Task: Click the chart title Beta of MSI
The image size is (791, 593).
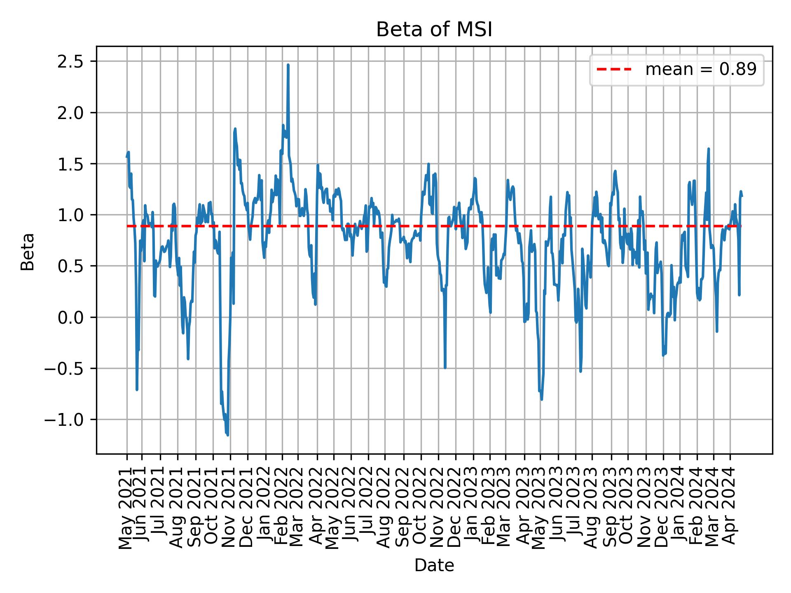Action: click(434, 30)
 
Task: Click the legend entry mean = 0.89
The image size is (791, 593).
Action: click(700, 70)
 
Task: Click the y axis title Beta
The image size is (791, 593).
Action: click(28, 252)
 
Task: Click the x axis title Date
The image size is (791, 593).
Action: click(434, 566)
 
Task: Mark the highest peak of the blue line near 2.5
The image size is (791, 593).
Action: click(288, 65)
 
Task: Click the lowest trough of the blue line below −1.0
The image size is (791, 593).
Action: click(228, 435)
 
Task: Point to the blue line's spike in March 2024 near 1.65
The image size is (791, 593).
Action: click(709, 149)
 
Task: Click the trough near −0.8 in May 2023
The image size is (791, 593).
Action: click(541, 399)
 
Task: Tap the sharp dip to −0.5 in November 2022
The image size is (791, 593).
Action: click(445, 367)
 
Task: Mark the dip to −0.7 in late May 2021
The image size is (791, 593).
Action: click(137, 389)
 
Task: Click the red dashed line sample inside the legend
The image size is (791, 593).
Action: click(614, 70)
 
